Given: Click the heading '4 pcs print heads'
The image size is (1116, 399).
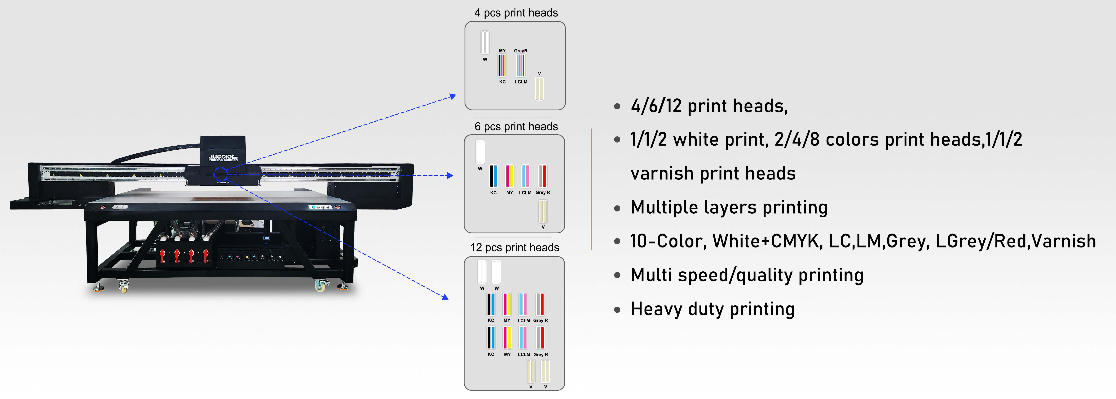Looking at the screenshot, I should pos(516,13).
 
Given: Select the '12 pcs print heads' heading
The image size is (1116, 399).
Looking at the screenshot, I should pos(515,248).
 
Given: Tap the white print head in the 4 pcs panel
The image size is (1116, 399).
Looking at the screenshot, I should pos(485,43).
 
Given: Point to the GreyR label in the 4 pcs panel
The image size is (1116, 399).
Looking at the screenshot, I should pos(521,51).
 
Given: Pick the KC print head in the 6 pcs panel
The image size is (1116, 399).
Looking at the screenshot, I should pos(493,176).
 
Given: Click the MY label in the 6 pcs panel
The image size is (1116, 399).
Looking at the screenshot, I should pos(509,193).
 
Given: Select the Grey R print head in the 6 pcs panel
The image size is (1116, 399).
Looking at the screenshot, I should pos(542,176).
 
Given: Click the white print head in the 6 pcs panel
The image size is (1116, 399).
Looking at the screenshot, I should pos(480,152).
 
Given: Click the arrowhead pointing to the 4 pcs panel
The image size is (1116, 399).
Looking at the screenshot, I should pos(453,96).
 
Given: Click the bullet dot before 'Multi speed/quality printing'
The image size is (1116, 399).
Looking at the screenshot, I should pos(617,276).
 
